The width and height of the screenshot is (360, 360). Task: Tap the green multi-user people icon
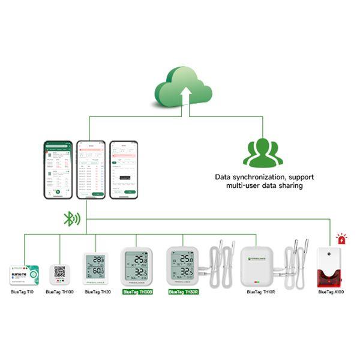click(x=262, y=152)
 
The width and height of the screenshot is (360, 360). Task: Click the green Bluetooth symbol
click(x=71, y=218)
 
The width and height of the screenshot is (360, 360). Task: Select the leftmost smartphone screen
click(x=58, y=170)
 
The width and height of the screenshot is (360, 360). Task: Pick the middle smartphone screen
click(x=91, y=170)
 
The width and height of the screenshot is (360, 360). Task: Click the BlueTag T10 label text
click(x=22, y=292)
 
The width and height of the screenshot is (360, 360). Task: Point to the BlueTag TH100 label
click(x=59, y=292)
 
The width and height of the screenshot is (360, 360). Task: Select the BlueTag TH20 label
click(x=98, y=292)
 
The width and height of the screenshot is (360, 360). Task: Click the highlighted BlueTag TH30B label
click(x=137, y=292)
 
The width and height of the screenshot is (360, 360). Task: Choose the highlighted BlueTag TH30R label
click(x=183, y=292)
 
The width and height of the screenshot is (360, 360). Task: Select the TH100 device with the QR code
click(x=59, y=274)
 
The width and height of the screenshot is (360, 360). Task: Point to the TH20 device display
click(x=96, y=266)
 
